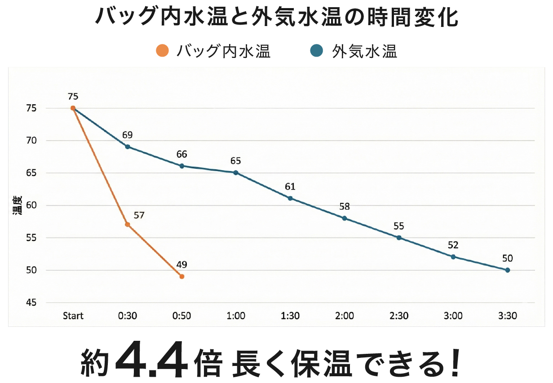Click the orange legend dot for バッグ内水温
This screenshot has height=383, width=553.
pos(162,51)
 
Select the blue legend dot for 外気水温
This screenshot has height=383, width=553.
pos(317,51)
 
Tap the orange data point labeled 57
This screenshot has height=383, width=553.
pos(128,225)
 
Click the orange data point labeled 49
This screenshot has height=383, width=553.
pos(182,277)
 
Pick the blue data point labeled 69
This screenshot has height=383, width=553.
pos(128,147)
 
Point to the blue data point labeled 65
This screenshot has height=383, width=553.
pos(236,173)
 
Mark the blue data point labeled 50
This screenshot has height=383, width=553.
pos(508,270)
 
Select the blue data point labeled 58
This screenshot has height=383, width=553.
pos(345,218)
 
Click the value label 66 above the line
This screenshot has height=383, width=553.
pos(181,154)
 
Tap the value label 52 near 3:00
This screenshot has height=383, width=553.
pos(453,245)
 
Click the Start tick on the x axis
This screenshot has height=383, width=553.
pos(73,316)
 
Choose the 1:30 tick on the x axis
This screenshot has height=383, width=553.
pos(290,316)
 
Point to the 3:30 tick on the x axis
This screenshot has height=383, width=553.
pos(508,316)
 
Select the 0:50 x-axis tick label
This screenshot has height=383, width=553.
pos(181,316)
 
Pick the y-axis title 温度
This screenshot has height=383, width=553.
pos(17,206)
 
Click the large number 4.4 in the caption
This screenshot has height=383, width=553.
pos(151,361)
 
